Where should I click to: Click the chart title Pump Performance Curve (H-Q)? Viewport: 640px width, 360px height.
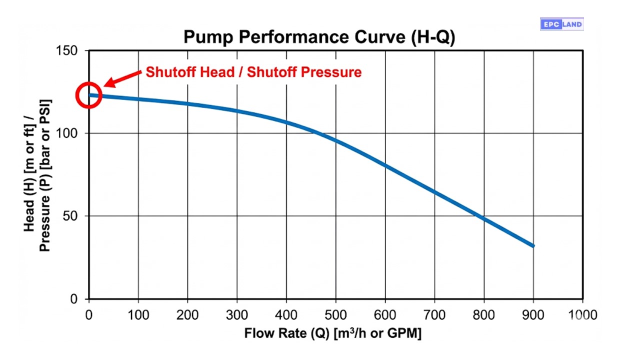point(319,37)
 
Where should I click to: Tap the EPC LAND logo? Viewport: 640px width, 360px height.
point(561,24)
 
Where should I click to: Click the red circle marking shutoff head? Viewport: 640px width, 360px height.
point(89,95)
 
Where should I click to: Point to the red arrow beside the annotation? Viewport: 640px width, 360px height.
point(122,78)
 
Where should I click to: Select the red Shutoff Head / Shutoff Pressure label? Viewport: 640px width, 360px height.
point(253,72)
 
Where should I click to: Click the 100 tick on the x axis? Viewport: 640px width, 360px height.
point(138,315)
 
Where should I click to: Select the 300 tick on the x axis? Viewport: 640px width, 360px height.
point(237,315)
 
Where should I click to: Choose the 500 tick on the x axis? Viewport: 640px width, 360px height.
point(335,315)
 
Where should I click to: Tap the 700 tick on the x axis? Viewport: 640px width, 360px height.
point(434,315)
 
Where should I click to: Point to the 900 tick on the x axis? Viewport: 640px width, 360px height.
point(533,315)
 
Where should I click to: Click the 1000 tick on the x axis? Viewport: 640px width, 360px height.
point(582,315)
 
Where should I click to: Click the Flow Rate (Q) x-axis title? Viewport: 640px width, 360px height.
point(332,333)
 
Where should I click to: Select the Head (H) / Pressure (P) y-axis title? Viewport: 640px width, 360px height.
point(37,175)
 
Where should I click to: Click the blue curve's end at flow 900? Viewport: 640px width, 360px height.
point(533,245)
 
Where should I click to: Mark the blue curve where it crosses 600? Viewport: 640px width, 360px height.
point(385,165)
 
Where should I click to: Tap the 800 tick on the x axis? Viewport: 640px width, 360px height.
point(484,315)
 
